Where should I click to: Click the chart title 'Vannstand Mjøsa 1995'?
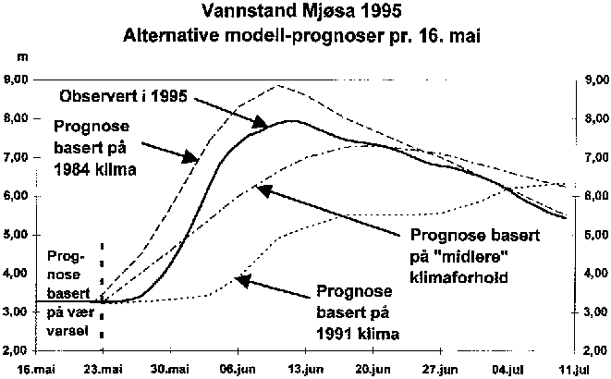pos(305,14)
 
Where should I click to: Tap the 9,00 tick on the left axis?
pos(18,80)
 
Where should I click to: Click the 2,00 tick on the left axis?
pos(18,351)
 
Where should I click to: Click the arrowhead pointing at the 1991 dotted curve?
pos(237,277)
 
